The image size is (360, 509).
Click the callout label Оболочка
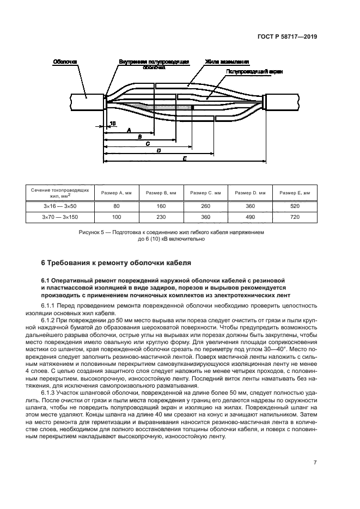point(65,62)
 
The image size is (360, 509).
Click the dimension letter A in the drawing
point(128,130)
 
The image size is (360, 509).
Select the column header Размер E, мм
point(295,193)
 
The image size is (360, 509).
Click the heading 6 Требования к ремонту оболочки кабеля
point(116,263)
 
